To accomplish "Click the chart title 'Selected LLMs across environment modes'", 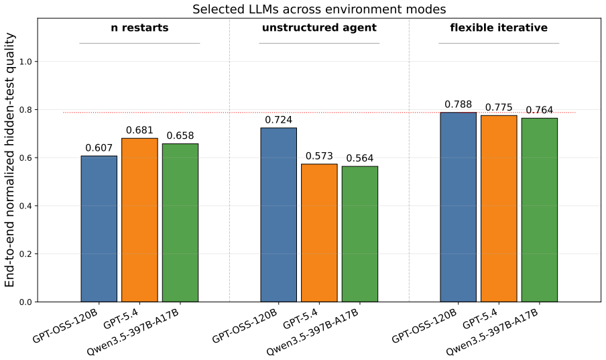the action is (x=319, y=9).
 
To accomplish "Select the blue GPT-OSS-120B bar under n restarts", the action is (x=99, y=229).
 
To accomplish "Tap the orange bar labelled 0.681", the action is (x=139, y=220).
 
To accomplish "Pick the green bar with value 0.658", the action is (x=180, y=223).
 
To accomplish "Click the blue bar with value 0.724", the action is (x=279, y=215).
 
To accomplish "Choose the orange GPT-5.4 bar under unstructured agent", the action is (x=319, y=233).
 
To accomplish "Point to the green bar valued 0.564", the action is (x=360, y=234).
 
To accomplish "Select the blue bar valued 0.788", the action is (x=459, y=207).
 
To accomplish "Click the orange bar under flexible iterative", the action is (x=499, y=208).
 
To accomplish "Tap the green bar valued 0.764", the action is (x=540, y=210).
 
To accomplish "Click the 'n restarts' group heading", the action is (x=139, y=28).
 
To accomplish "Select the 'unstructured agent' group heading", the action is (x=319, y=28).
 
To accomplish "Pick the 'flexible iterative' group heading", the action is (x=499, y=28).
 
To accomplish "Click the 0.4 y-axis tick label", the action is (x=25, y=206).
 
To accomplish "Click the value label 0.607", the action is (x=99, y=147).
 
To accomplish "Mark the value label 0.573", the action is (x=319, y=156).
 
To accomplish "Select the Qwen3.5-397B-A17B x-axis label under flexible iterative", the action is (x=493, y=331).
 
